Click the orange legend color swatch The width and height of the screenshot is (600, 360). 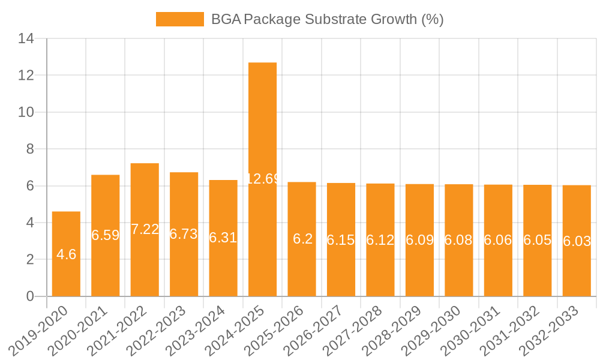[179, 19]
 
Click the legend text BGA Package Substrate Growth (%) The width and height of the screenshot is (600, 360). [327, 19]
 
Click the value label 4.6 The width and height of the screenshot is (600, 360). [66, 254]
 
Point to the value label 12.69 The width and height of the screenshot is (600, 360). [262, 179]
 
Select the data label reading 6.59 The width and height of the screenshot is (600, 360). [105, 235]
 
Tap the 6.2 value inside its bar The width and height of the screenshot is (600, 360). [302, 239]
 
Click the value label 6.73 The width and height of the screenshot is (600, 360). [184, 234]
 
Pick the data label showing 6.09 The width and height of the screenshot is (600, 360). [419, 240]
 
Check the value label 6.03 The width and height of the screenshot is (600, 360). [577, 241]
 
